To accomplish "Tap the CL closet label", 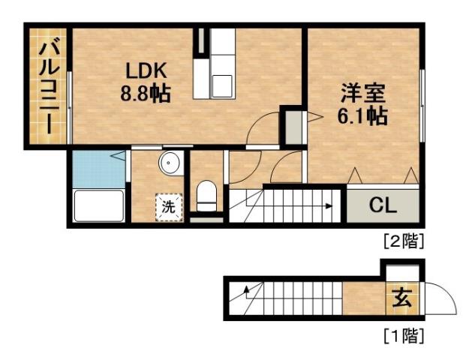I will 382,205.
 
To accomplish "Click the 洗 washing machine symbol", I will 169,207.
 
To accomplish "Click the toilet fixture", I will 205,196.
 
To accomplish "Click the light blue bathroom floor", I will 98,169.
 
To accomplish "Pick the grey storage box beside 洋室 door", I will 290,125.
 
